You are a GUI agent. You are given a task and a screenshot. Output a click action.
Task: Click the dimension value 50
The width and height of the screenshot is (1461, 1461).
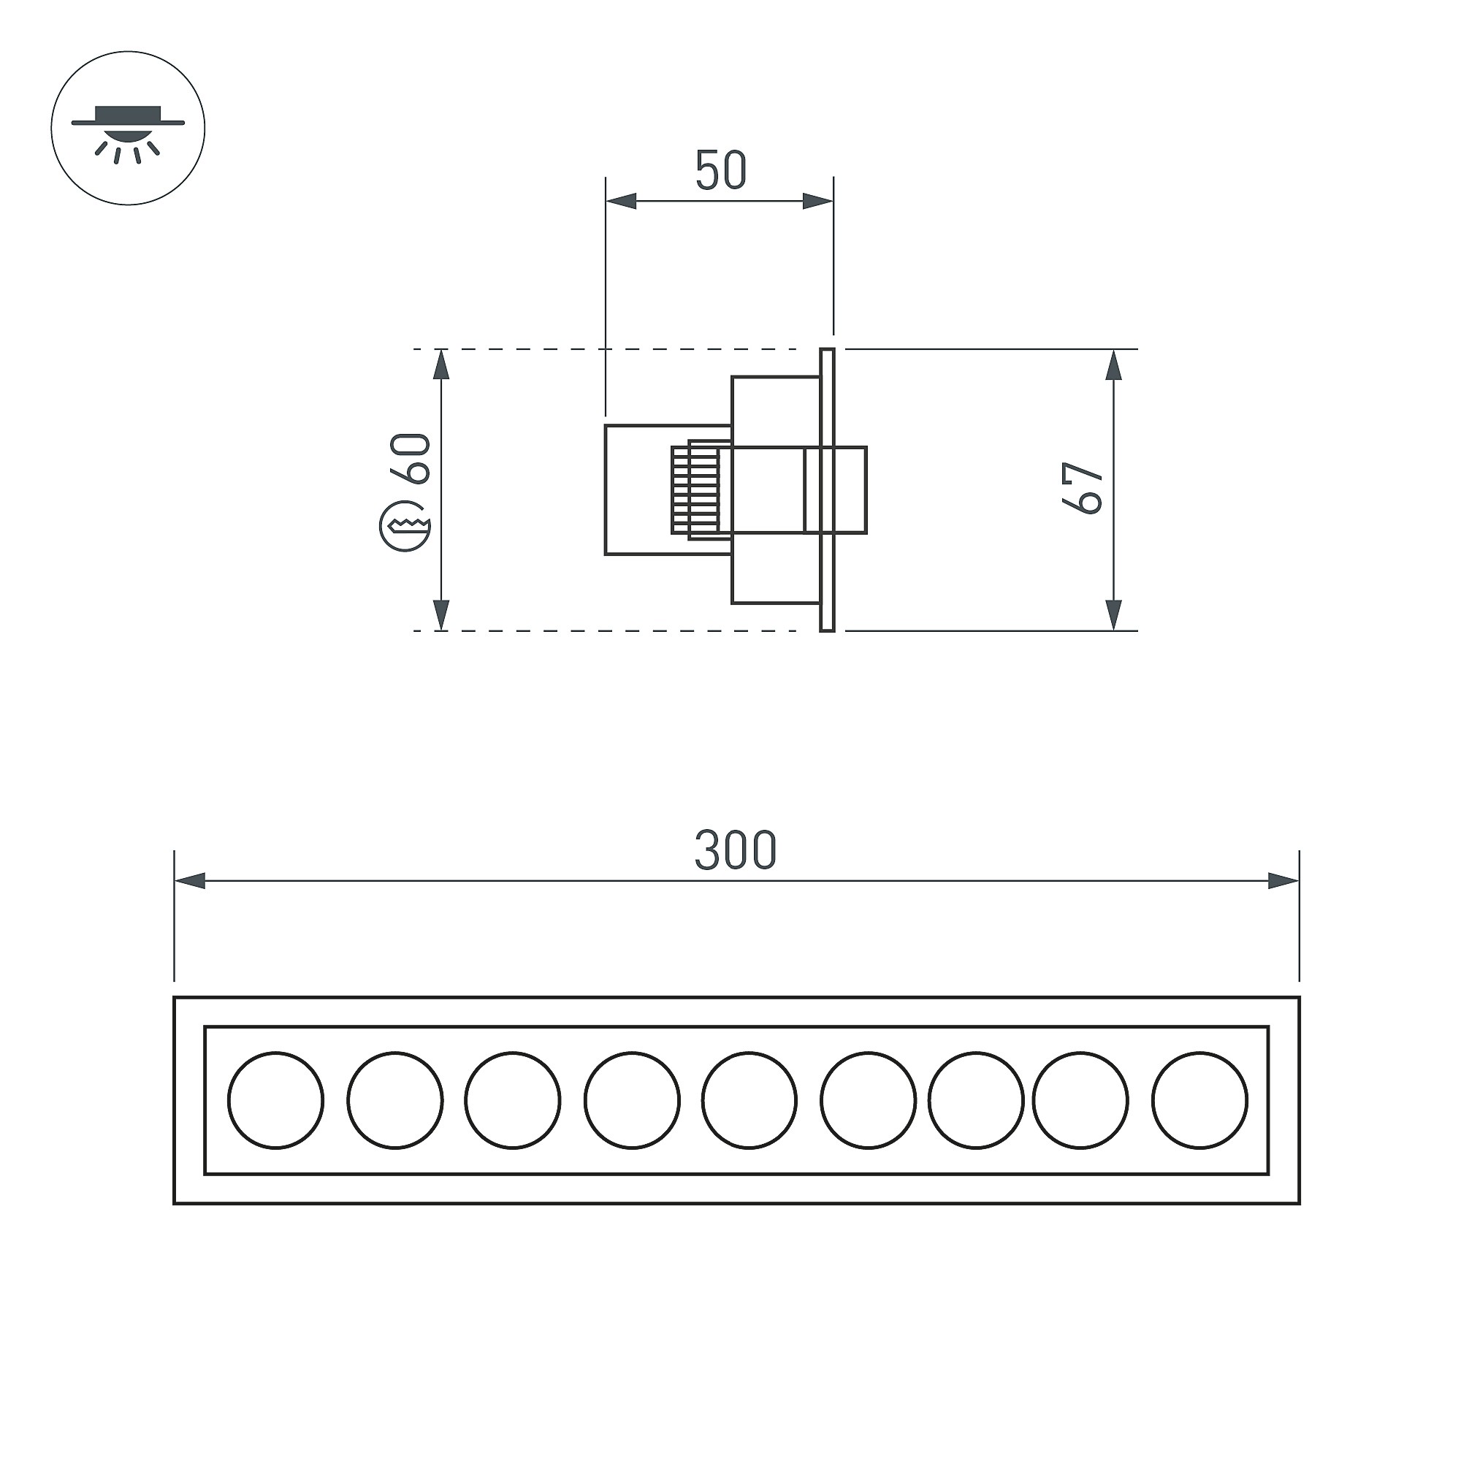click(722, 170)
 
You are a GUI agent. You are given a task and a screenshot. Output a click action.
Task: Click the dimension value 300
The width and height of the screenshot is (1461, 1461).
click(736, 850)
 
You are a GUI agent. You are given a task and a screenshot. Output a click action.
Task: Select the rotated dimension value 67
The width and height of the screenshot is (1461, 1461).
click(1083, 489)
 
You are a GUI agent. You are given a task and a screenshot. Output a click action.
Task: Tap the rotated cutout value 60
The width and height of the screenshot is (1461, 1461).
click(410, 458)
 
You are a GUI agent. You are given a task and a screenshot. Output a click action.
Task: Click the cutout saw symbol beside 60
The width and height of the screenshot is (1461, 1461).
click(405, 525)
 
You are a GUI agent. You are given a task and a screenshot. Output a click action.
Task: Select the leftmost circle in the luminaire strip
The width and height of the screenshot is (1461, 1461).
click(276, 1100)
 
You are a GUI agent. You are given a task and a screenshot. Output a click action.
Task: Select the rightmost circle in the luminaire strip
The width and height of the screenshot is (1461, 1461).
click(1200, 1100)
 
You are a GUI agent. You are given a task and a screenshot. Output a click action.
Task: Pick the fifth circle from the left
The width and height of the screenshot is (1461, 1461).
click(749, 1100)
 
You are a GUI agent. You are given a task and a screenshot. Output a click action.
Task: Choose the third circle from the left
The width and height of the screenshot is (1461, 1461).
click(513, 1100)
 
